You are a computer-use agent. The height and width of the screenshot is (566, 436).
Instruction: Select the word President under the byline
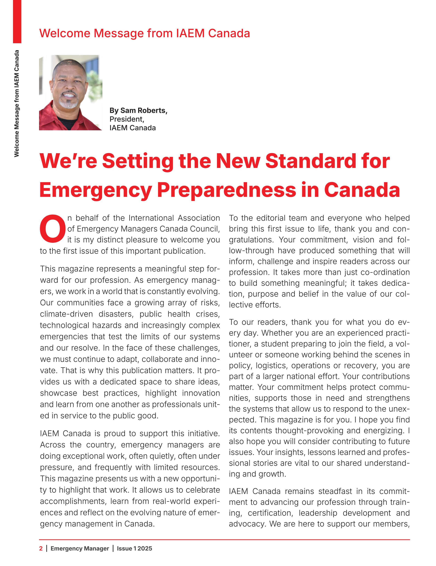(x=127, y=119)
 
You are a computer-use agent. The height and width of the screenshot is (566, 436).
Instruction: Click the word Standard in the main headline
(x=311, y=161)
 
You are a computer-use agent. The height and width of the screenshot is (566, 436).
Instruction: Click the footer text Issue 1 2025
(x=134, y=548)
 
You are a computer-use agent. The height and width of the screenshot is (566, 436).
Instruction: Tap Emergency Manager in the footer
(x=80, y=548)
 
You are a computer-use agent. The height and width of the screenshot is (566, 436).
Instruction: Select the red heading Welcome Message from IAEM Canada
(x=144, y=33)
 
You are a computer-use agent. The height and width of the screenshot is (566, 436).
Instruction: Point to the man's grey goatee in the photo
(x=68, y=104)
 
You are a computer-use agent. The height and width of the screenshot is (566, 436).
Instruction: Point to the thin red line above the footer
(x=224, y=540)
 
